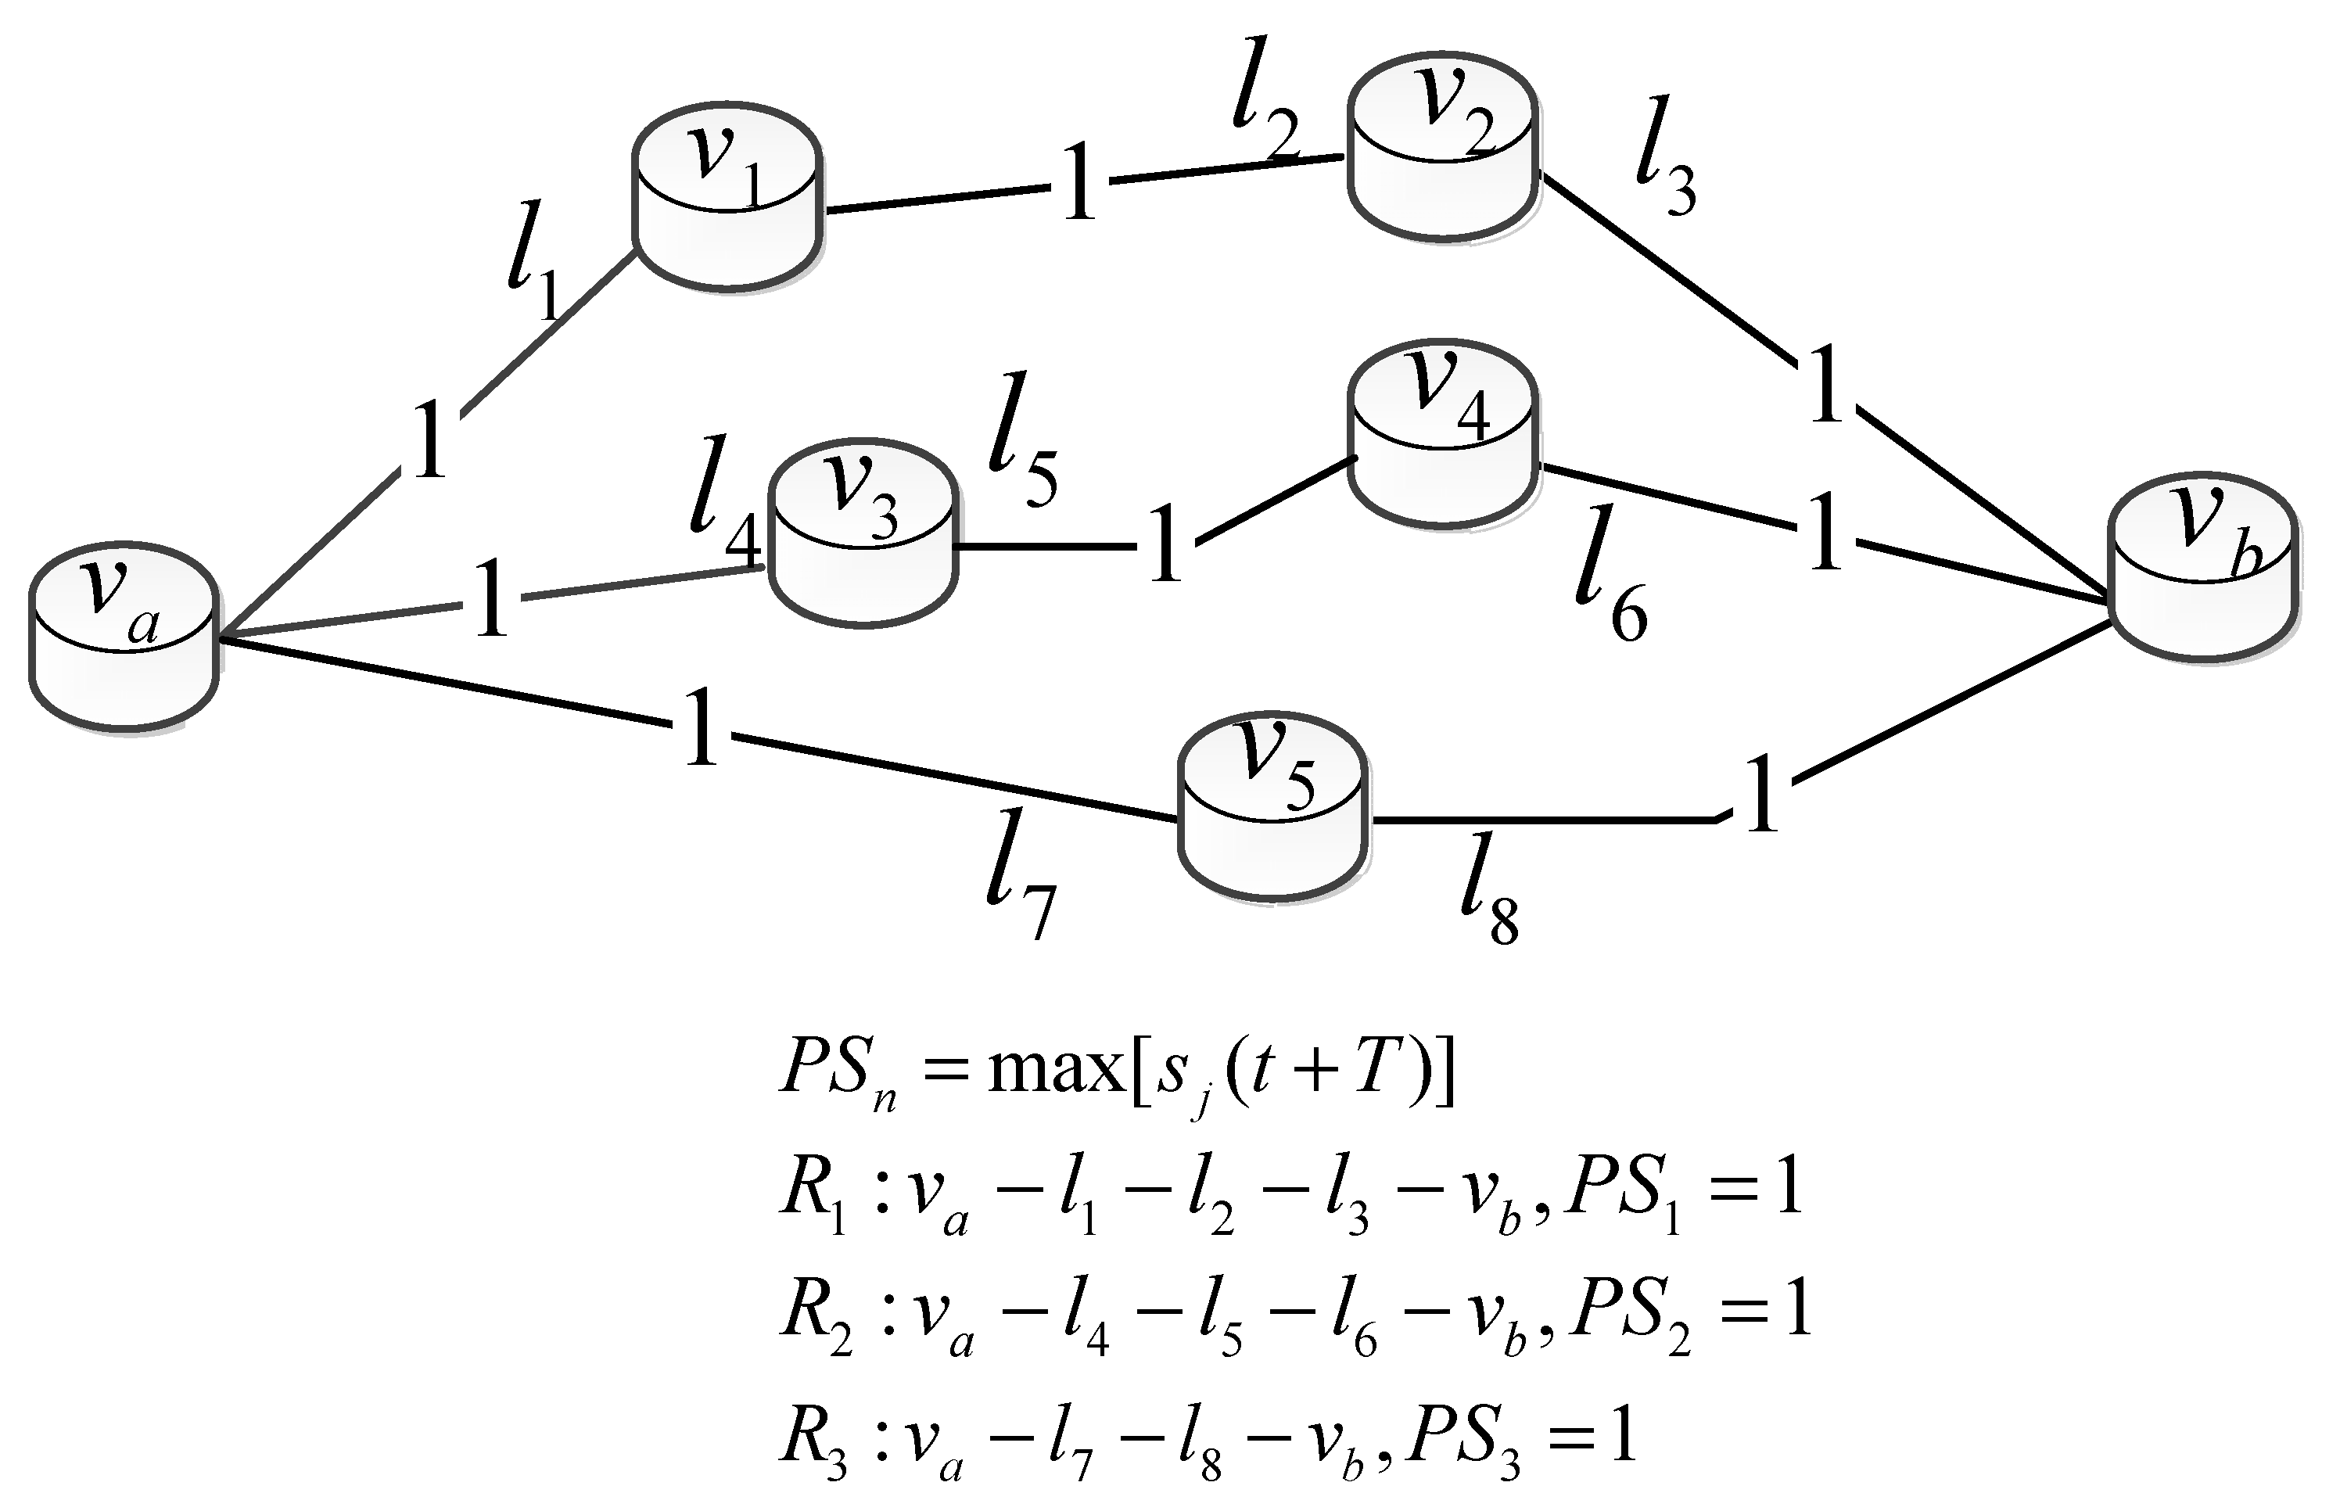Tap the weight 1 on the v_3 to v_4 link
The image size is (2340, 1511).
(1165, 544)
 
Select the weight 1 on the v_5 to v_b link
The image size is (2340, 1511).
(1761, 794)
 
